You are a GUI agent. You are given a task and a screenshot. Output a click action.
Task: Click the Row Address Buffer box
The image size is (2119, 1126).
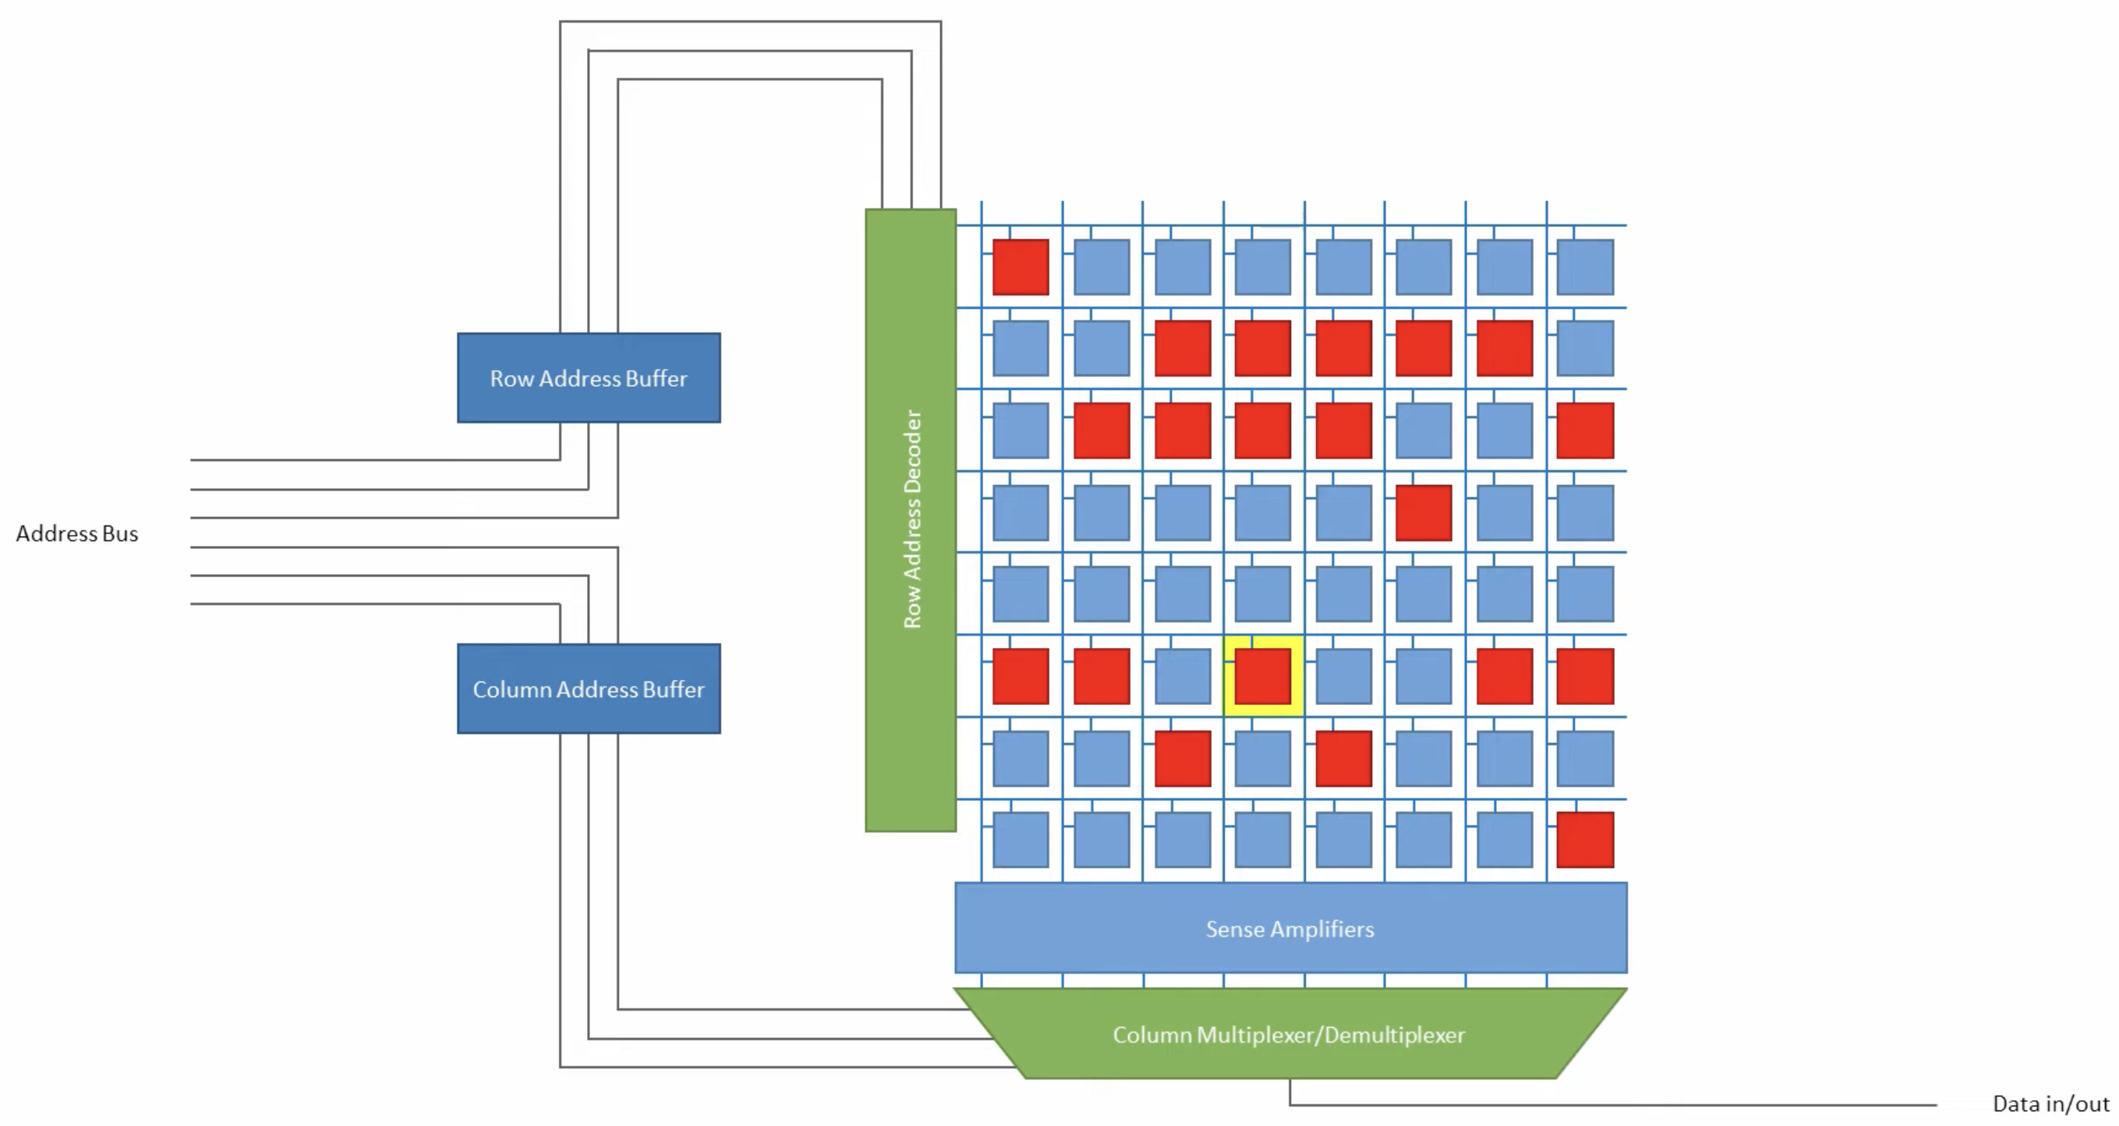(x=588, y=377)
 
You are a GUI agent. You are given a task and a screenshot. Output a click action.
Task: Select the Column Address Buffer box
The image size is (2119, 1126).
(x=588, y=689)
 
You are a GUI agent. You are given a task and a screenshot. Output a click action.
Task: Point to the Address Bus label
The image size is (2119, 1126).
(x=76, y=534)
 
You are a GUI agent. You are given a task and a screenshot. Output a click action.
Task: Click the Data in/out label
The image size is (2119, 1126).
(x=2050, y=1103)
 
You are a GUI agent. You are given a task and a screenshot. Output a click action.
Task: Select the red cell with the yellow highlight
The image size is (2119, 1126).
(x=1263, y=676)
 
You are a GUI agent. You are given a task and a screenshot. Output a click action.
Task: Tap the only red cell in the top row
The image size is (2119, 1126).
(x=1020, y=267)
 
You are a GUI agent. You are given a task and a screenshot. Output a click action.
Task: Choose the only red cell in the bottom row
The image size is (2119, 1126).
(x=1585, y=840)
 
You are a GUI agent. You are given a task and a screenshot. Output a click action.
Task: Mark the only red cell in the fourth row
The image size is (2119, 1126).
(x=1424, y=512)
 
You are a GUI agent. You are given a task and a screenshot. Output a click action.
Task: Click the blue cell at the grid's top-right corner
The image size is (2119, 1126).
(x=1585, y=267)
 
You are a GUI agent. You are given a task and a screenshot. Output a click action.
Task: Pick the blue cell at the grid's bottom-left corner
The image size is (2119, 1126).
(x=1020, y=840)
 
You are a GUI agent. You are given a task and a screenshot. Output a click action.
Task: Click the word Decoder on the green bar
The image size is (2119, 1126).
(x=912, y=449)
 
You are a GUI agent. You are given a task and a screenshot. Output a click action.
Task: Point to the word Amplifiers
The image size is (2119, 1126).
(x=1322, y=929)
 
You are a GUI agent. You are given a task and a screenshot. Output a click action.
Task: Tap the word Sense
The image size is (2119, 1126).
(x=1235, y=929)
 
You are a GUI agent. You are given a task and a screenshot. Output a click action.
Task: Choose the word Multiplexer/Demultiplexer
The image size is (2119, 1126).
(x=1330, y=1035)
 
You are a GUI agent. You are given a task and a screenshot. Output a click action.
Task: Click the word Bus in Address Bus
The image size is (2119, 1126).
(x=120, y=534)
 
